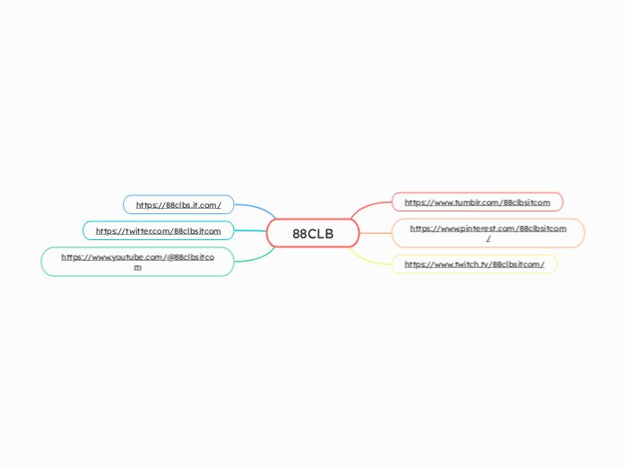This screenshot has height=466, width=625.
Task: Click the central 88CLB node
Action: point(313,234)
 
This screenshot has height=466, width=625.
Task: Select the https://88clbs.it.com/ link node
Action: point(178,204)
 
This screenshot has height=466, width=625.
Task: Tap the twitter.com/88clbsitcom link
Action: point(158,230)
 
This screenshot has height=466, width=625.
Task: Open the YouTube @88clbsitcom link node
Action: point(137,262)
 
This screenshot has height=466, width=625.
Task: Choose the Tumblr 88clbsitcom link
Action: point(477,202)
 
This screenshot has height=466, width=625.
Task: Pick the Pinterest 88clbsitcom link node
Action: point(488,233)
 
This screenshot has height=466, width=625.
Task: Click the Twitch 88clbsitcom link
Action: point(474,264)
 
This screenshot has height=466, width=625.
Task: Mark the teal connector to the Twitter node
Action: point(250,231)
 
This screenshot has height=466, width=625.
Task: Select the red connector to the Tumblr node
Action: point(368,207)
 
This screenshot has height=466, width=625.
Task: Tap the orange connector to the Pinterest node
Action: point(376,233)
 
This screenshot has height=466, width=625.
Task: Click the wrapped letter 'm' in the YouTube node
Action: point(137,267)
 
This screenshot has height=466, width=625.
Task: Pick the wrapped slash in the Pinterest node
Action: point(488,239)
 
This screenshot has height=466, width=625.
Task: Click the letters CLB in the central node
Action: point(320,234)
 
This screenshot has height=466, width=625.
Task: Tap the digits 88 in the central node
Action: point(299,234)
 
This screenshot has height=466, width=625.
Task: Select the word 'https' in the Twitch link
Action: point(416,264)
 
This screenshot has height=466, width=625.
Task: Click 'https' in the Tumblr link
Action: point(416,203)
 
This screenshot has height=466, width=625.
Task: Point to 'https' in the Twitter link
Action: point(107,231)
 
